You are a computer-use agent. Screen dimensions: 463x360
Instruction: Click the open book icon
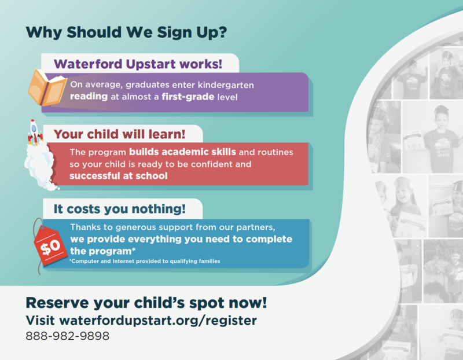click(x=47, y=88)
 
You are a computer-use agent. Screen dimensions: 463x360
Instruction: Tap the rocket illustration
click(x=35, y=133)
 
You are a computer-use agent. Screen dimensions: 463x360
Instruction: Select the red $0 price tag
click(x=50, y=246)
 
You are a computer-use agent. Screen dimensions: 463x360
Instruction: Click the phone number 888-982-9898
click(x=67, y=336)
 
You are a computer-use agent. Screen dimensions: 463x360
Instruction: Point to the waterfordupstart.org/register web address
click(x=158, y=321)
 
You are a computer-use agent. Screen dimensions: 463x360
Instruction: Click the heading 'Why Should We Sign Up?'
click(x=126, y=32)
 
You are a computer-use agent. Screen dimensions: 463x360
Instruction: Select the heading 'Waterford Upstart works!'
click(x=138, y=64)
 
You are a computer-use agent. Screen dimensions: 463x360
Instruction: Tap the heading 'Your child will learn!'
click(x=119, y=134)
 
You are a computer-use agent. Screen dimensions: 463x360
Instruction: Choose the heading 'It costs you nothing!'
click(x=120, y=209)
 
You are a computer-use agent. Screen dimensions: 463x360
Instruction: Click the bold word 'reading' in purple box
click(x=89, y=97)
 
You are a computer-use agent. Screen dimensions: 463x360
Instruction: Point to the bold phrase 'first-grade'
click(x=188, y=97)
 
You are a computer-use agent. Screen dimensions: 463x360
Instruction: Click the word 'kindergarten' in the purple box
click(x=226, y=85)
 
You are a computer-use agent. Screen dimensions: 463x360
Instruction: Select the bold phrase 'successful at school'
click(x=119, y=176)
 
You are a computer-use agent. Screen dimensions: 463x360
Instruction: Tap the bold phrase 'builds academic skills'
click(x=182, y=152)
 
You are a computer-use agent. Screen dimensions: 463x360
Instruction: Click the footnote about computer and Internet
click(x=145, y=261)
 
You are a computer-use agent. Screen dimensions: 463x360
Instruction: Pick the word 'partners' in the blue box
click(x=255, y=227)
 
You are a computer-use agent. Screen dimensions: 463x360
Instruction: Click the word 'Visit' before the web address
click(x=40, y=321)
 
